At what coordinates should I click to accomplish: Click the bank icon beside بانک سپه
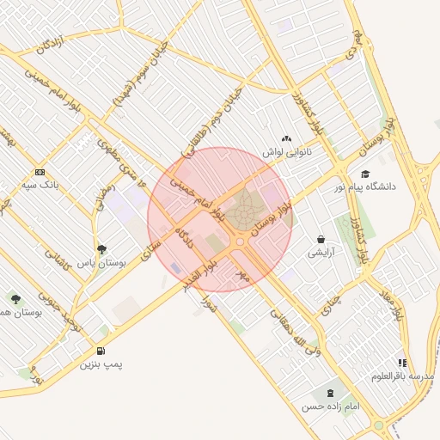[x=40, y=173]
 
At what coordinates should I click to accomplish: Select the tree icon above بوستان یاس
[x=102, y=249]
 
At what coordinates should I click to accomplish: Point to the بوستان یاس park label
[x=102, y=263]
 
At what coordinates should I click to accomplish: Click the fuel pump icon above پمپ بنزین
[x=102, y=351]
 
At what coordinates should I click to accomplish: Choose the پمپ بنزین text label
[x=102, y=364]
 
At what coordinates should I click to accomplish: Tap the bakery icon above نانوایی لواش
[x=286, y=138]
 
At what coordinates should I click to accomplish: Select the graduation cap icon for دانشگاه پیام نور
[x=365, y=174]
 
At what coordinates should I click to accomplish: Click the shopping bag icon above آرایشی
[x=321, y=240]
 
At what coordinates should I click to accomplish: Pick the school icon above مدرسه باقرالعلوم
[x=402, y=363]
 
